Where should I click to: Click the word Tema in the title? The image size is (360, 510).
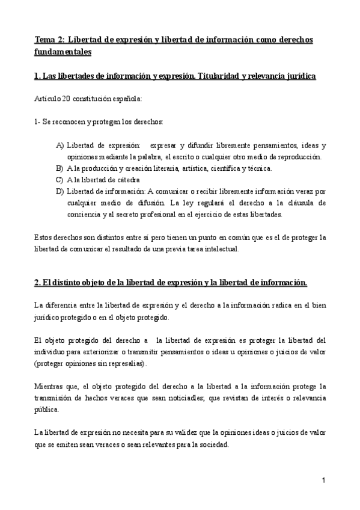44,40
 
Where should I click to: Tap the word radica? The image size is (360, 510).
276,306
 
